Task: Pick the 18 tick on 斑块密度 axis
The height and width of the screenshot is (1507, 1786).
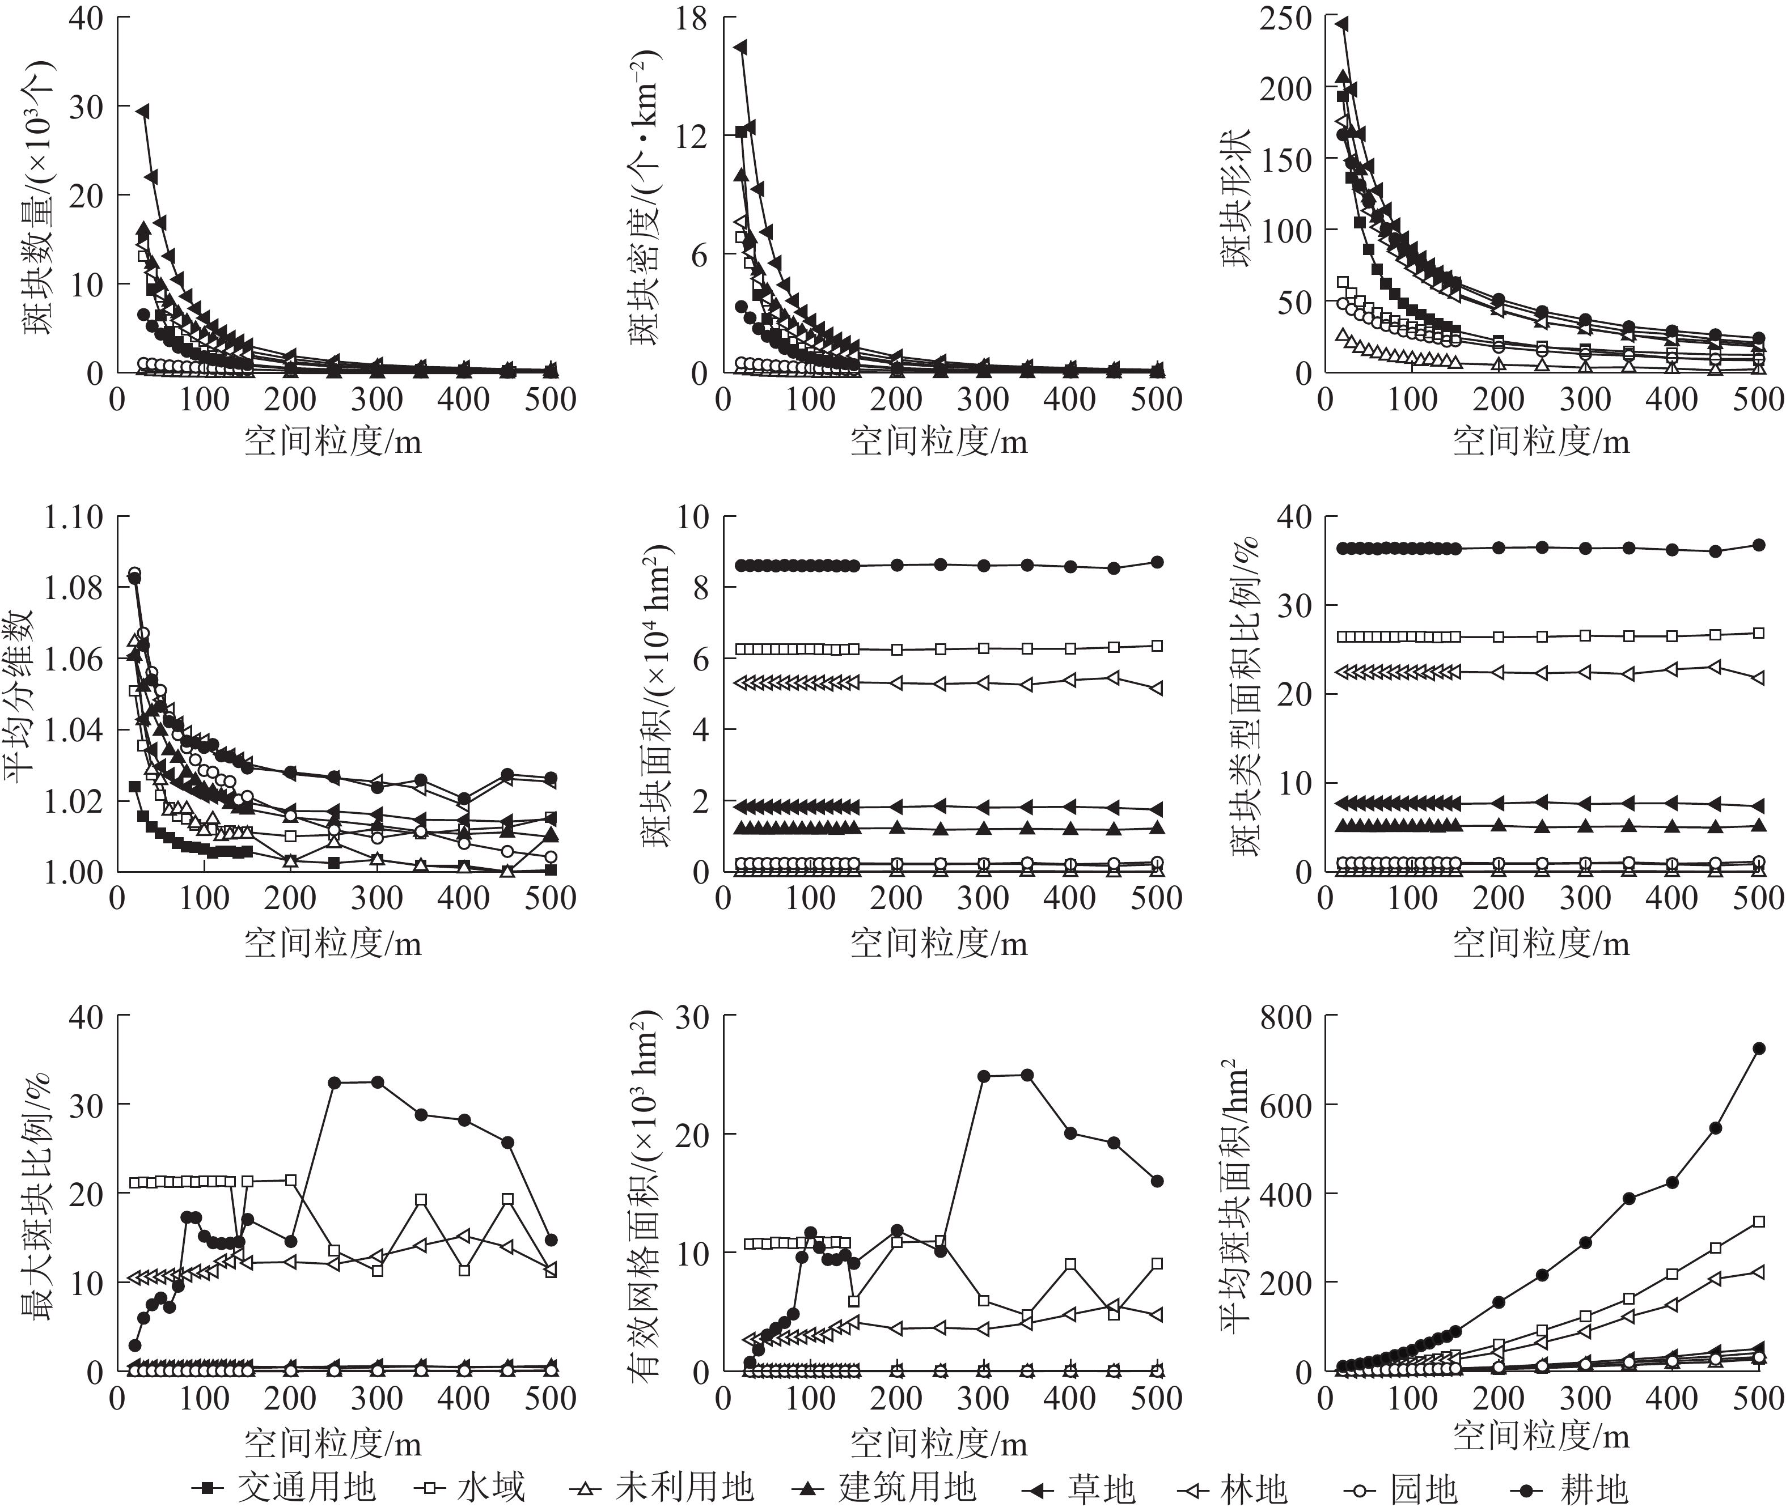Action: [x=691, y=18]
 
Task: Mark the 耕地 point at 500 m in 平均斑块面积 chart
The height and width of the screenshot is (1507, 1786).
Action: [x=1759, y=1048]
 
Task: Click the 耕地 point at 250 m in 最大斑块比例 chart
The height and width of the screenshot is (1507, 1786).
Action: [x=334, y=1083]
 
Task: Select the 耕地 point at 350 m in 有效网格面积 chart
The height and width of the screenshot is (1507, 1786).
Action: [x=1027, y=1075]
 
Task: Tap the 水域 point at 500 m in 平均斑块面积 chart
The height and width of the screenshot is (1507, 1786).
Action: [x=1759, y=1222]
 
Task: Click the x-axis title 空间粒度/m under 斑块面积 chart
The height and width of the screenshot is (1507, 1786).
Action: [x=938, y=943]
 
